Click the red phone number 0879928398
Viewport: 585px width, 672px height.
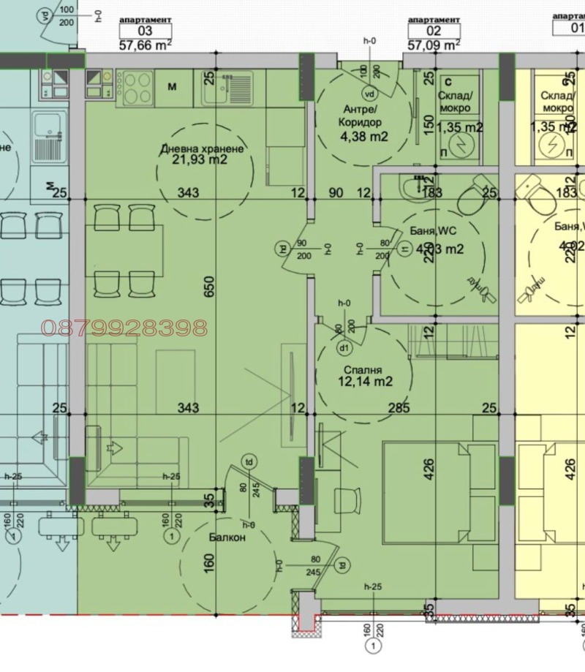124,328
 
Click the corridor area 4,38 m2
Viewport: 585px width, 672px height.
363,136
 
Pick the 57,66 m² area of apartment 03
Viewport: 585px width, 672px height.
145,44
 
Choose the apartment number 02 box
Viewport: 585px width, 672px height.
434,31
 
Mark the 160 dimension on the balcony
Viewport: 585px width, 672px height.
209,563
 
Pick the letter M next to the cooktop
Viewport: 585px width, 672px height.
173,88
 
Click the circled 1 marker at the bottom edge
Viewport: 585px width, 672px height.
373,646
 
